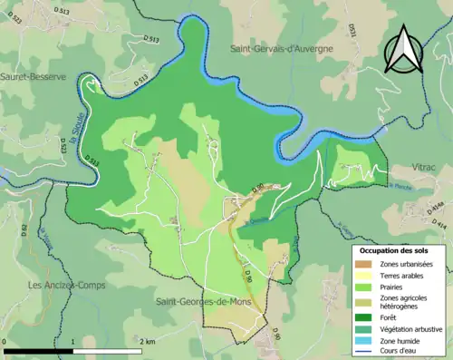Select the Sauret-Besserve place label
(34, 77)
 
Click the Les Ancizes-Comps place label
(64, 285)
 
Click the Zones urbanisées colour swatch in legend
(365, 263)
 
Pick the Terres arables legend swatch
(365, 275)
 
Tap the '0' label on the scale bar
(5, 341)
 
